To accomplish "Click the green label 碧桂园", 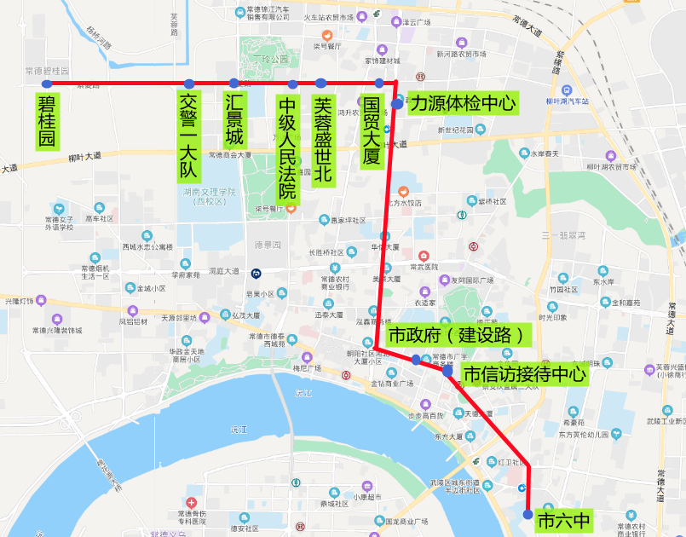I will [47, 120].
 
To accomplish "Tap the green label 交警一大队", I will [188, 136].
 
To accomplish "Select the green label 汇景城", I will [234, 120].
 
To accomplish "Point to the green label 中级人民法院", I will [288, 147].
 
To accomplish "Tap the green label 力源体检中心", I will [463, 104].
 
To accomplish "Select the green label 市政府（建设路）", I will [458, 335].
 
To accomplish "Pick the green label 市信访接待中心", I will [523, 373].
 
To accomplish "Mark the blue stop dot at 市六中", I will [528, 515].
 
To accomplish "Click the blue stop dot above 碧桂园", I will [47, 84].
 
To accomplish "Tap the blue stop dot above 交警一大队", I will [188, 84].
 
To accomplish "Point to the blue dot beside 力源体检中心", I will [397, 104].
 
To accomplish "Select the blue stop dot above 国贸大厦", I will [379, 83].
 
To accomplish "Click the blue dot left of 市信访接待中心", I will [447, 371].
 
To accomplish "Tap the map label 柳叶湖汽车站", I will [568, 101].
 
